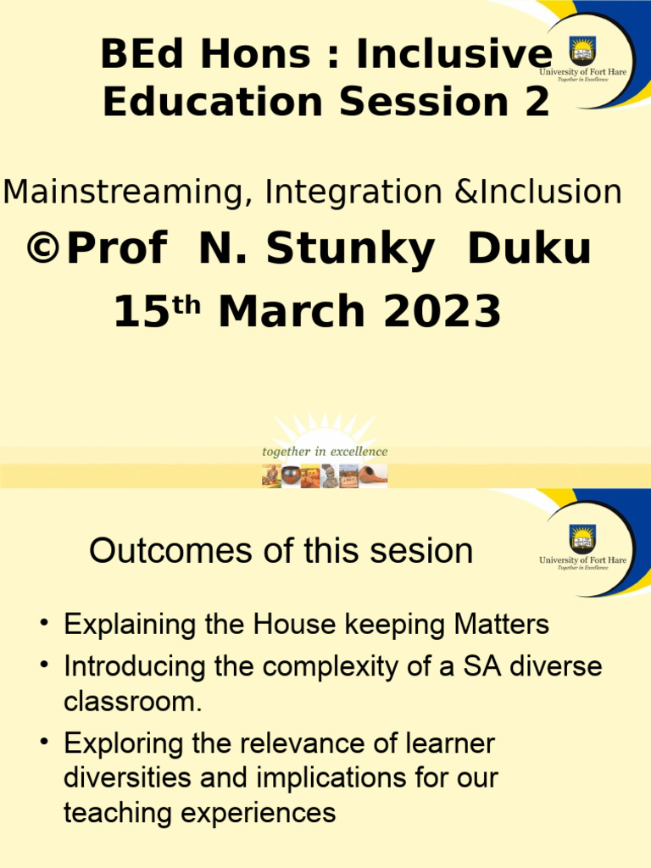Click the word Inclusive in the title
coord(453,56)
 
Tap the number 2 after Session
coord(533,102)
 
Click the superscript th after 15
coord(191,305)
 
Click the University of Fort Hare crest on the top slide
coord(582,50)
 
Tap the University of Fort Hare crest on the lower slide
coord(582,539)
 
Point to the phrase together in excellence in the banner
coord(325,452)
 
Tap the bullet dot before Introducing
coord(43,667)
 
